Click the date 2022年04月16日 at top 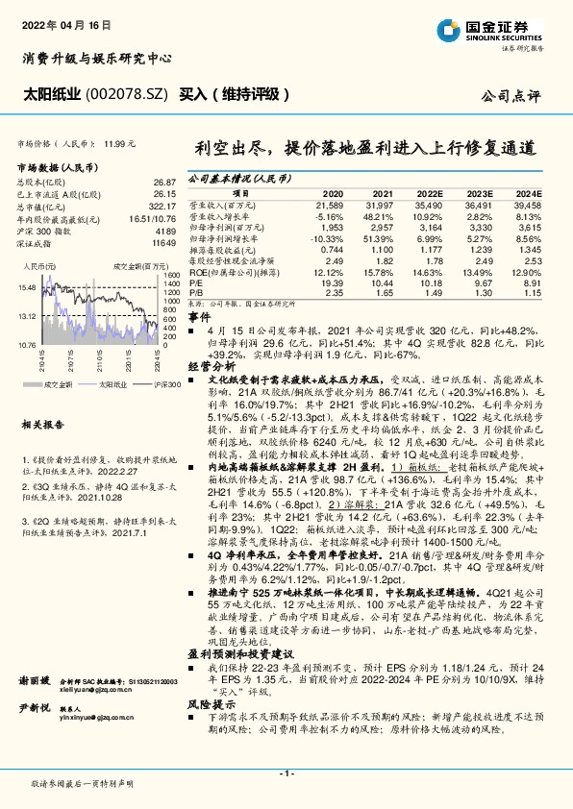pos(63,20)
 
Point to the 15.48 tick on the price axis pos(27,287)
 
